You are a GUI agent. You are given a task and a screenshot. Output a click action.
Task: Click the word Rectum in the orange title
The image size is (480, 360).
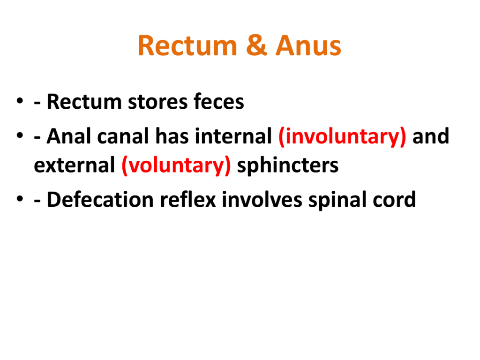(x=187, y=45)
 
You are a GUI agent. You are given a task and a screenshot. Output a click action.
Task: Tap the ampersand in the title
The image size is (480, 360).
(x=256, y=45)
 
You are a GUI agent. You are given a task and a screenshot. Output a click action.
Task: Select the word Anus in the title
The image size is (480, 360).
(x=308, y=45)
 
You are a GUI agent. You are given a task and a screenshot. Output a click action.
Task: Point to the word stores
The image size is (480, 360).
(x=157, y=101)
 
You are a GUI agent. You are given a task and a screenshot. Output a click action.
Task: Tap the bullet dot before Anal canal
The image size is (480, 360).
(x=20, y=135)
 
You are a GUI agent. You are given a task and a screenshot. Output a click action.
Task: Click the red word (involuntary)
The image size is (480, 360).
(x=342, y=137)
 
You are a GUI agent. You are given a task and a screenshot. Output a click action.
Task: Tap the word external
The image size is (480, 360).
(x=75, y=165)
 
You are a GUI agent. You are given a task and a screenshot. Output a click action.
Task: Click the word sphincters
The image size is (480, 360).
(x=288, y=166)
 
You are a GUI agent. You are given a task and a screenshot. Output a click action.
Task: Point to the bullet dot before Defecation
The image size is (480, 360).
(x=20, y=199)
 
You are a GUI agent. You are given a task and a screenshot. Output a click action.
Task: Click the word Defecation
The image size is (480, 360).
(x=100, y=200)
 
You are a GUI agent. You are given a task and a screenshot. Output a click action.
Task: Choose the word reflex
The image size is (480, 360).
(x=188, y=199)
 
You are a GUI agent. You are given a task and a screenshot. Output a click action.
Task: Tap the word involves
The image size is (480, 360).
(x=262, y=200)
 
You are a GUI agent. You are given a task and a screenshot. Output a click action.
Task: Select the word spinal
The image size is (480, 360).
(x=337, y=200)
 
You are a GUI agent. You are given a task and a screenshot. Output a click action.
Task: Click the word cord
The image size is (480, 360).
(x=394, y=200)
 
